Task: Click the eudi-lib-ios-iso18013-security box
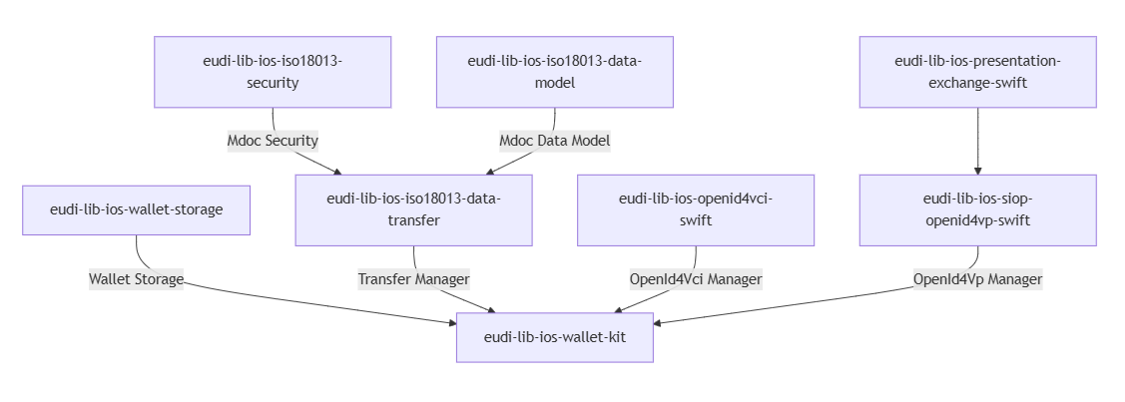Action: point(273,72)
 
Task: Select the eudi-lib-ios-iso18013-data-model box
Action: point(554,72)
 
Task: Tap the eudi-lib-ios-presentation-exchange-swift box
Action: point(977,72)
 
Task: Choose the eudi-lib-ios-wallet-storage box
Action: point(136,209)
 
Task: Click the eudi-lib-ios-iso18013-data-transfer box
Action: point(413,209)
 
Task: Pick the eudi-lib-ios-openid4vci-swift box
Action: point(695,209)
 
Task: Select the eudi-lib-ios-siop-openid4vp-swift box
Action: point(977,209)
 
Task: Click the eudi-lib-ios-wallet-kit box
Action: point(554,337)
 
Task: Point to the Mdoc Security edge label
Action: point(273,141)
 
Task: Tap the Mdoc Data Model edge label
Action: point(554,141)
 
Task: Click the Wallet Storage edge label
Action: point(136,279)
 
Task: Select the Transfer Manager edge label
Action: point(413,279)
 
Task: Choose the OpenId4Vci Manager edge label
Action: point(695,279)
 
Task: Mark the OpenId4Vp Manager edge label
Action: point(977,279)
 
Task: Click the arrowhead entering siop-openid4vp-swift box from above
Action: point(977,170)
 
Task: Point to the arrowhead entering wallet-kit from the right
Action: point(659,322)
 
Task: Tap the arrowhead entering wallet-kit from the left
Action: point(450,322)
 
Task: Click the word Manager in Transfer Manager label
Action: point(440,279)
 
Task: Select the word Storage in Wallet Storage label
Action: point(159,279)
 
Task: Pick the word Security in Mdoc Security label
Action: point(291,141)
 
